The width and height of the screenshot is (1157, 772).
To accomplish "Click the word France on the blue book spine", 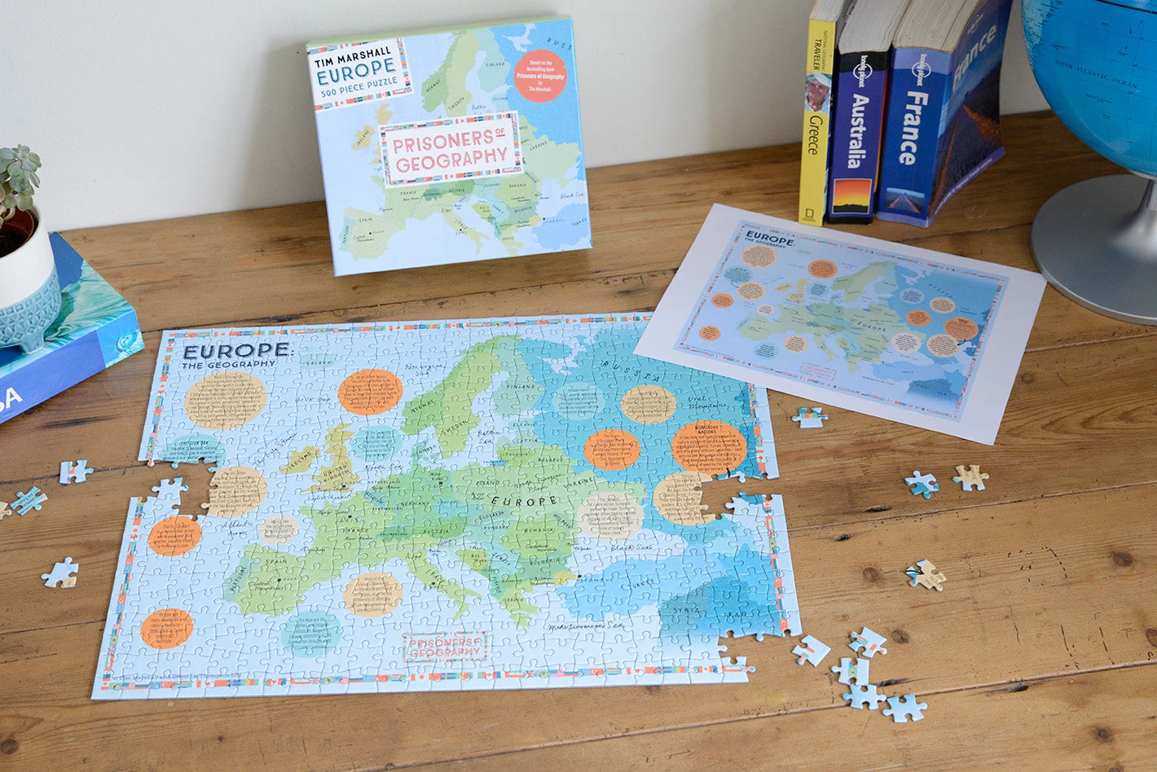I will click(x=916, y=128).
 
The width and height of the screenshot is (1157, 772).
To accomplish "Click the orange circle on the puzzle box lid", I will click(x=540, y=75).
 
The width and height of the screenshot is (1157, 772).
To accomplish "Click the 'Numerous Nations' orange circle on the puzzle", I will click(x=709, y=446).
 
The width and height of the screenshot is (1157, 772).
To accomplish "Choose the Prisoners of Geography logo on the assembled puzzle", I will click(x=445, y=646).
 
